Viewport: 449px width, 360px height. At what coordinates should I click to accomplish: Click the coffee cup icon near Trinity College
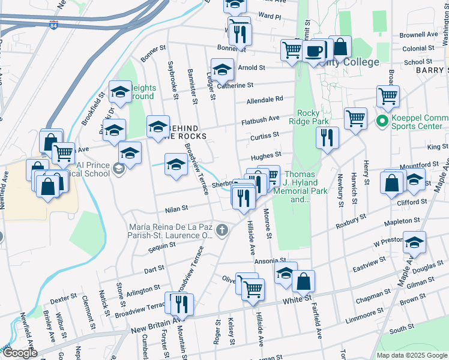(313, 51)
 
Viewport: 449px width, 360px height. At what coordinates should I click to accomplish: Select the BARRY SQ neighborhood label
(431, 70)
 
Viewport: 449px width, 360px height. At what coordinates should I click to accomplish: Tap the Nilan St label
(176, 209)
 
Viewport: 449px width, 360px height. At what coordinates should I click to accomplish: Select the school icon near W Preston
(414, 243)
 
